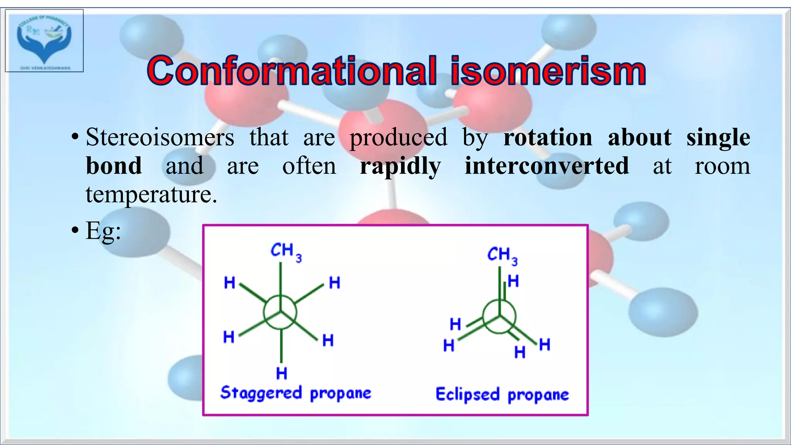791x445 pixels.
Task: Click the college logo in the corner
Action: [44, 41]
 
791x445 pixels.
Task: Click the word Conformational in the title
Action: [292, 71]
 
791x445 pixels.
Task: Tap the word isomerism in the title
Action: [548, 71]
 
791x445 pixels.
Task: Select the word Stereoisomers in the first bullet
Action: [160, 137]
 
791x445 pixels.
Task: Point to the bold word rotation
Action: [548, 137]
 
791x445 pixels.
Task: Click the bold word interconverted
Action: [547, 166]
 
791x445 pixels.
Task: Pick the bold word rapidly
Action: [400, 166]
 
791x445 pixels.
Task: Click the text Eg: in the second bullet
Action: [103, 231]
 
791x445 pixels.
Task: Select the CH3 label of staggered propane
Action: [286, 251]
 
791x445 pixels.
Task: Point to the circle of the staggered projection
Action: [280, 312]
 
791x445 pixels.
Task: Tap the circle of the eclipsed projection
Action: [499, 317]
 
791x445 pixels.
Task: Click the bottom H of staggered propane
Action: [282, 374]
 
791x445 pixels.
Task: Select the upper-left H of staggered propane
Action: [229, 283]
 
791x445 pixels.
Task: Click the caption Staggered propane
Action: [295, 393]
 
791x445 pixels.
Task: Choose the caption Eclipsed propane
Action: [502, 395]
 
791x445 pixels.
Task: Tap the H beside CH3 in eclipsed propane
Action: [513, 281]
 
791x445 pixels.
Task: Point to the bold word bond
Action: [114, 166]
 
